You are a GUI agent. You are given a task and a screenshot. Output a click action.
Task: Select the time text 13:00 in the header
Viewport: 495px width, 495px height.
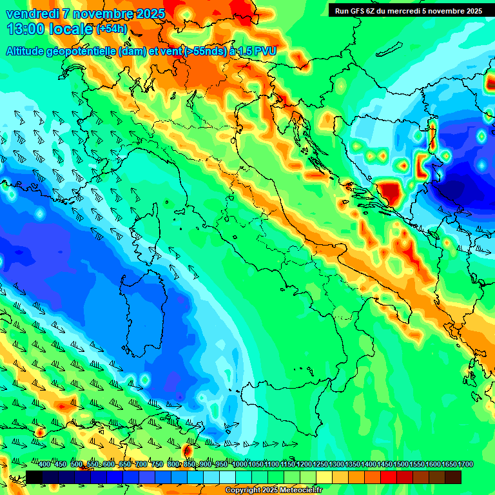(24, 29)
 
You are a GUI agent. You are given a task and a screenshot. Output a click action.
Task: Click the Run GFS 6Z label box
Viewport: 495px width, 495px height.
(409, 11)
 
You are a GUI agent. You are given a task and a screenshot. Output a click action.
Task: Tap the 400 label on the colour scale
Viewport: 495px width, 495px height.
(45, 465)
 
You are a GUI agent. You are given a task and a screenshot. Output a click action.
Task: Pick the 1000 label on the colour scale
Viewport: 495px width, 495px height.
(240, 465)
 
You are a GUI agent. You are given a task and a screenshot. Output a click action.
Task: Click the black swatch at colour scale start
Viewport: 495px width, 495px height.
(34, 477)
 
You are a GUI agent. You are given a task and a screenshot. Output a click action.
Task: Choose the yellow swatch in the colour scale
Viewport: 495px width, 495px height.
(324, 477)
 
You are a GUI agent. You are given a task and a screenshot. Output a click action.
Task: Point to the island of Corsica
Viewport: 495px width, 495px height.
(148, 232)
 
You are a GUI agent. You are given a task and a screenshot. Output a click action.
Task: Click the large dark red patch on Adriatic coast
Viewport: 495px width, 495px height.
(391, 192)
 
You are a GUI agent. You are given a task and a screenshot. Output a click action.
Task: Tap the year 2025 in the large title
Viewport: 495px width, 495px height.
(147, 14)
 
